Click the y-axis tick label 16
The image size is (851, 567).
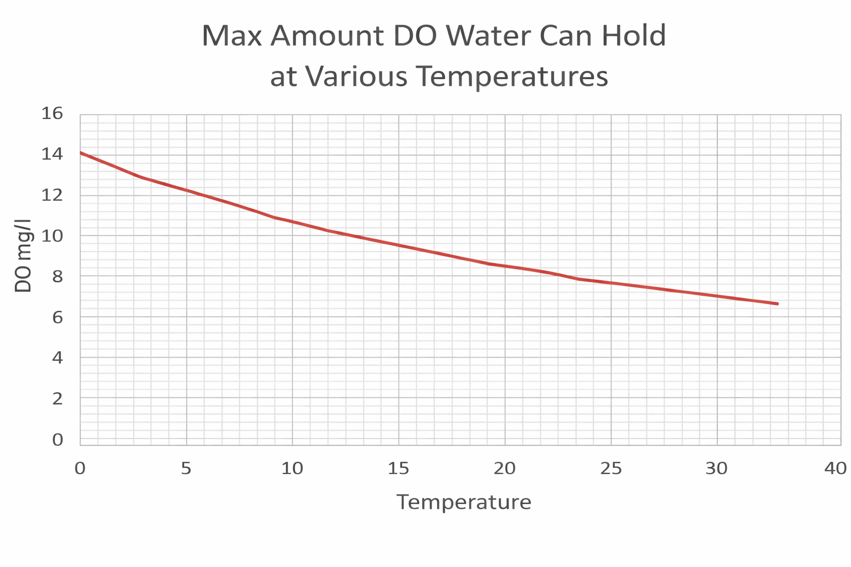coord(53,114)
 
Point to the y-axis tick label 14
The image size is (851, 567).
coord(53,154)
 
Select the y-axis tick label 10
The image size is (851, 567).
coord(53,236)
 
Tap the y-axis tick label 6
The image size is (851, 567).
coord(58,317)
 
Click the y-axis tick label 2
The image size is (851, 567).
coord(58,399)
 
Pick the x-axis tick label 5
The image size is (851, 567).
coord(186,468)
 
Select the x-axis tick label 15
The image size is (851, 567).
coord(398,468)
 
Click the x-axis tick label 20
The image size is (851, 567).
coord(505,468)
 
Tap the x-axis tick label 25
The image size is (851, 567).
coord(611,468)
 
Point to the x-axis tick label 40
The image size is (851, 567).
coord(835,468)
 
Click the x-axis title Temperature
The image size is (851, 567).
coord(464,502)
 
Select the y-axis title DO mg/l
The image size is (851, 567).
coord(23,256)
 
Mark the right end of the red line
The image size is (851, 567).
coord(778,304)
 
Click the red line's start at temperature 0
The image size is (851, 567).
coord(81,152)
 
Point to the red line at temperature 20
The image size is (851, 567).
coord(505,266)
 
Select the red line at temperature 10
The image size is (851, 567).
coord(293,222)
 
